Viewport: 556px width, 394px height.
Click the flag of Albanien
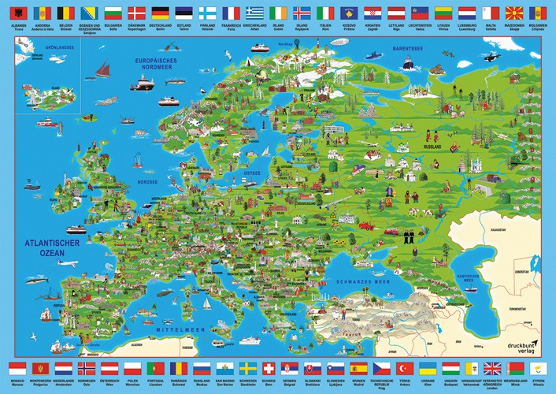click(17, 13)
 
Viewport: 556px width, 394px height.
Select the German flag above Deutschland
click(161, 13)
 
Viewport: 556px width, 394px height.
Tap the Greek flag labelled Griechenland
click(254, 13)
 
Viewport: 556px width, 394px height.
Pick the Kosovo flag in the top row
click(349, 13)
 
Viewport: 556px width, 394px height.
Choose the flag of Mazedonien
click(514, 13)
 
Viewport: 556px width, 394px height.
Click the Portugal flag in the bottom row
click(155, 368)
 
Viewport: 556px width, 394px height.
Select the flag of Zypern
click(537, 368)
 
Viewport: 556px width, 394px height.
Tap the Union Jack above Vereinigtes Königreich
click(493, 368)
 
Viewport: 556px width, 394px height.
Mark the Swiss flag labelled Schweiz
click(269, 368)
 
